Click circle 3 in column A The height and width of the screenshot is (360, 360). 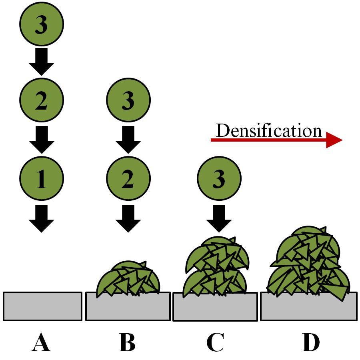coord(42,25)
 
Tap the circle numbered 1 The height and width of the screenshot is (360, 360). coord(42,179)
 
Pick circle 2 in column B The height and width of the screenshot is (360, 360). coord(128,179)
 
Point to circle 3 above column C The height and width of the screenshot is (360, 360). coord(219,179)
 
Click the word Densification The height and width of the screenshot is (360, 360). coord(269,131)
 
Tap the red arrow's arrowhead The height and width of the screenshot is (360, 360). coord(334,140)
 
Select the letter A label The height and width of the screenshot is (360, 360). coord(41,343)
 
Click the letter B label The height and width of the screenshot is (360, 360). coord(128,343)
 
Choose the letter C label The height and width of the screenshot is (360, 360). coord(215,343)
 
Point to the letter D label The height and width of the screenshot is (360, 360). coord(311,343)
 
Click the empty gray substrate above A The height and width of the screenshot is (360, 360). coord(42,306)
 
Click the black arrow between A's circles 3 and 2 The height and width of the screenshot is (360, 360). coord(42,62)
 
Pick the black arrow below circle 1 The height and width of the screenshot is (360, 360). coord(42,218)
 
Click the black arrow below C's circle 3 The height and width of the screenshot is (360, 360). coord(219,218)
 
